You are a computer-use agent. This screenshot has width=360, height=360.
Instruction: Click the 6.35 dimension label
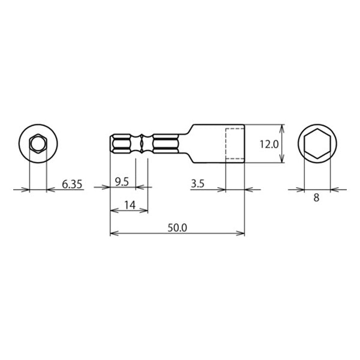tap(72, 185)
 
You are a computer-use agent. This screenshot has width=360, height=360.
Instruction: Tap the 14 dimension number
tap(128, 205)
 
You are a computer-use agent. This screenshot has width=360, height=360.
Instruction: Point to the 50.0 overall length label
tap(178, 228)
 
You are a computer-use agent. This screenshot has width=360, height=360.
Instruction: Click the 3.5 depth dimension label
tap(199, 185)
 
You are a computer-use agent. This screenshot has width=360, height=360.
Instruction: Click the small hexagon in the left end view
tap(38, 144)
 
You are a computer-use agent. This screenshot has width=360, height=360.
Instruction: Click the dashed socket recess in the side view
tap(235, 145)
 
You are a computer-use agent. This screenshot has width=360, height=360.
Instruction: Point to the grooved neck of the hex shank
tap(142, 145)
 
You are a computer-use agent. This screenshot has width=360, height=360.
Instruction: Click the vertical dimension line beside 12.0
tap(281, 145)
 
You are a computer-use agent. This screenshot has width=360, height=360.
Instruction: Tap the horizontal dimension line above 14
tap(128, 211)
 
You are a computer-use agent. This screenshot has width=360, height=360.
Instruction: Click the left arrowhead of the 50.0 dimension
tap(113, 233)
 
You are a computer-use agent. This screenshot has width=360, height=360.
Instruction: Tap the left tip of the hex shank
tap(111, 145)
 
